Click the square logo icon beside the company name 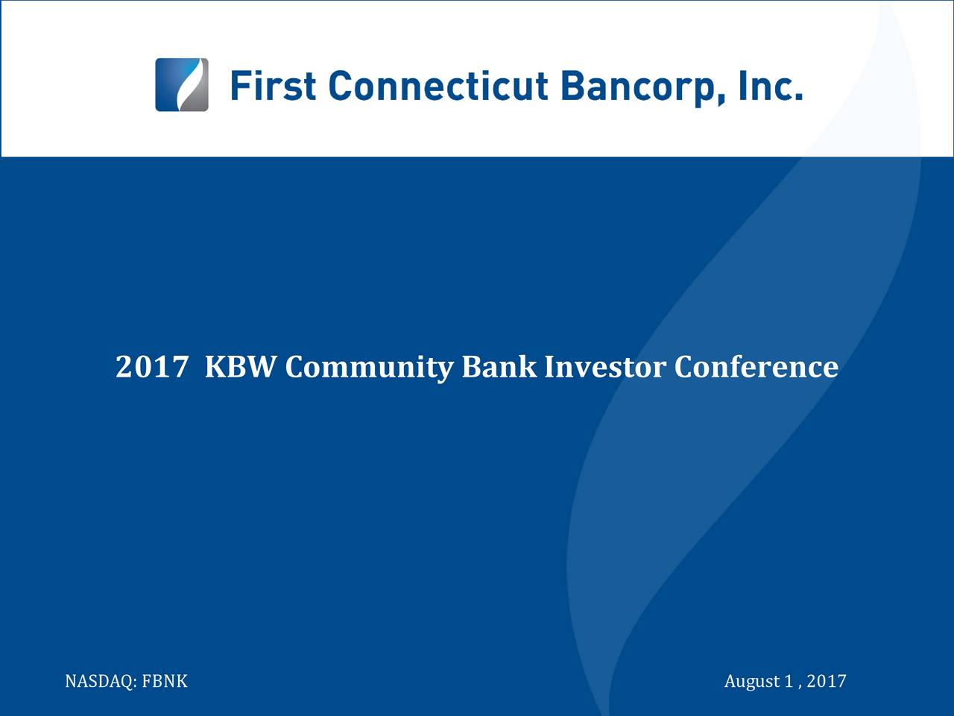tap(181, 84)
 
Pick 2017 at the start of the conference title tap(151, 367)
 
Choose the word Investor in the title tap(604, 367)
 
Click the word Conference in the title tap(756, 367)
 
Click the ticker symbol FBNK tap(165, 682)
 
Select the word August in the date tap(751, 682)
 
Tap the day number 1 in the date tap(788, 682)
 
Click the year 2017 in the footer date tap(827, 682)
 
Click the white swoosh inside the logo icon tap(183, 84)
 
